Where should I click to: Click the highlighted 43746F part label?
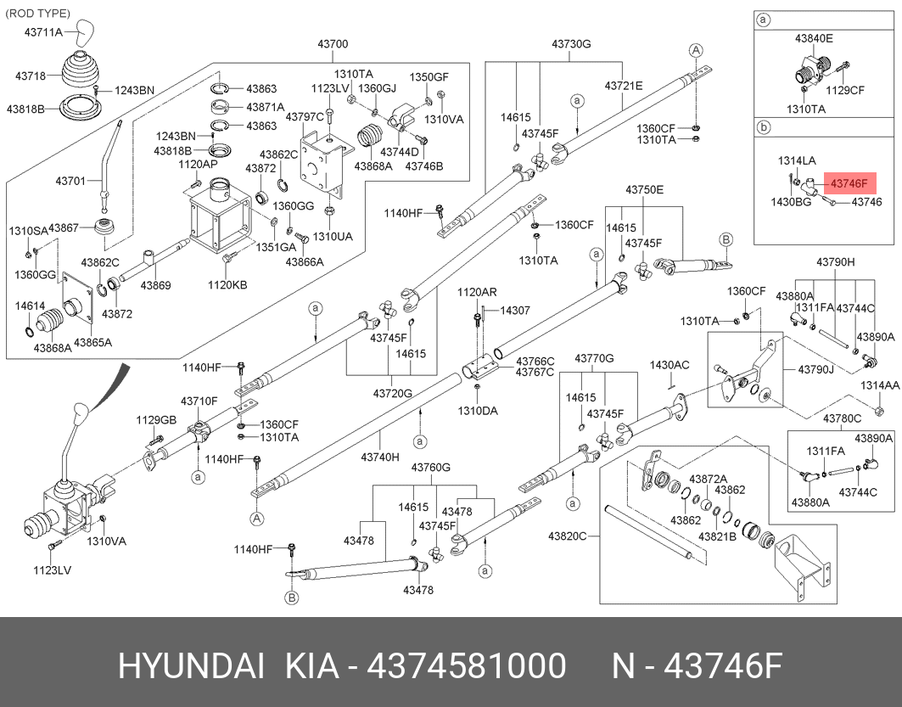click(x=849, y=183)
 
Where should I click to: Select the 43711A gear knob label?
click(x=44, y=31)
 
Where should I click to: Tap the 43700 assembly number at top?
click(x=333, y=44)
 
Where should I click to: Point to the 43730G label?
click(x=571, y=44)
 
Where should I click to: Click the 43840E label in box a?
click(x=814, y=38)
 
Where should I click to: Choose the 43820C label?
click(x=568, y=536)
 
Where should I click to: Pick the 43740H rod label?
click(x=379, y=457)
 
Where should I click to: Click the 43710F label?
click(x=199, y=401)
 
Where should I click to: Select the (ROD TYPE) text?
click(x=38, y=14)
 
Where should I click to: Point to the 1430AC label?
click(x=669, y=365)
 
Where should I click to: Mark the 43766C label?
click(x=535, y=361)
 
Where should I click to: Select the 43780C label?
click(x=842, y=418)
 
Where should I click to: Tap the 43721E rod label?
click(x=624, y=86)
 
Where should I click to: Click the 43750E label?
click(x=645, y=189)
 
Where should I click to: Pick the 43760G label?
click(x=431, y=468)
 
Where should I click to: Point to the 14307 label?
click(x=514, y=311)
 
